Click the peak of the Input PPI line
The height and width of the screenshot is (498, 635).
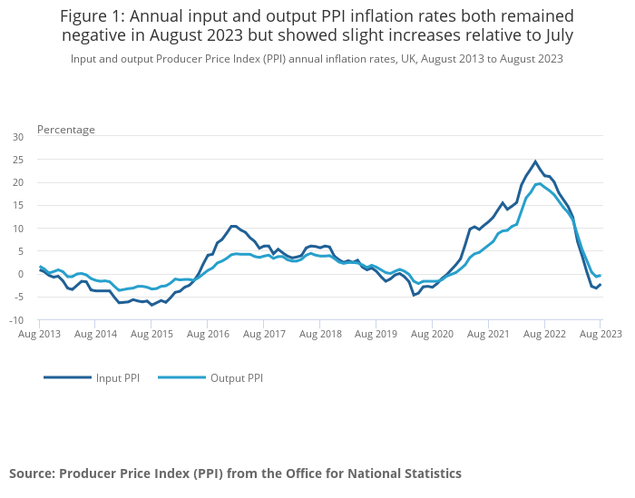(535, 161)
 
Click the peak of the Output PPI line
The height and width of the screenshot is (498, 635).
(539, 183)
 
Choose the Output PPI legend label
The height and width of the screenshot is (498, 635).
(237, 377)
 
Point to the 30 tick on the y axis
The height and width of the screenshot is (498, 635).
(18, 137)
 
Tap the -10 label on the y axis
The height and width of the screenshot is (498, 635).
(16, 319)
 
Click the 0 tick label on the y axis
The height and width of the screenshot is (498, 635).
(21, 274)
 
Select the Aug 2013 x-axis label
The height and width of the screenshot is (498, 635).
(39, 334)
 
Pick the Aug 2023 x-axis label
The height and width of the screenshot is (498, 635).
(600, 334)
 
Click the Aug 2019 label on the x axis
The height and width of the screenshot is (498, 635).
(376, 334)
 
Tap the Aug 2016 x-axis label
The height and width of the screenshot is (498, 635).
(207, 334)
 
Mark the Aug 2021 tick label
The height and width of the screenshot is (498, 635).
(488, 334)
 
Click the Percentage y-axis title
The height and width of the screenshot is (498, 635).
(65, 130)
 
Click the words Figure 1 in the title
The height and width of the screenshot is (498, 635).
(95, 16)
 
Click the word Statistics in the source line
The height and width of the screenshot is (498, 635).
(426, 474)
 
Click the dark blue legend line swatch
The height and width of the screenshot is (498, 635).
(67, 377)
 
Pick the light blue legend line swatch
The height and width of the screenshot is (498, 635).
(181, 377)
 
